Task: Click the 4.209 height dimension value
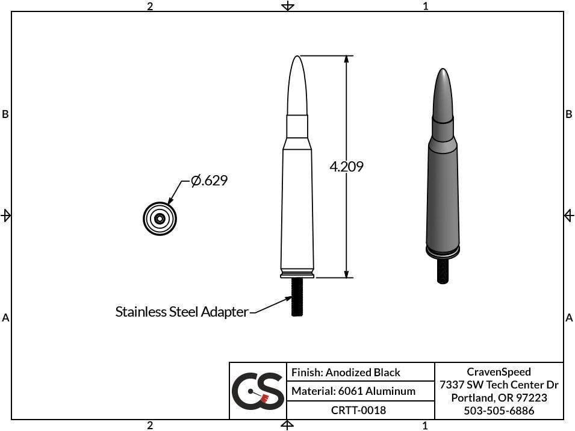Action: click(346, 167)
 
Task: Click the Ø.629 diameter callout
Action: click(209, 181)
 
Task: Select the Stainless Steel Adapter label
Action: click(181, 312)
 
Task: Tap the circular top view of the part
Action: click(160, 218)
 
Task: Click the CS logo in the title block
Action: click(258, 391)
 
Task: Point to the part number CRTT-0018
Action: click(358, 410)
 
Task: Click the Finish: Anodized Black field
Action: click(346, 373)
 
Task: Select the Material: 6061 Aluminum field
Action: click(353, 391)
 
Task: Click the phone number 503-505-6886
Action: click(499, 411)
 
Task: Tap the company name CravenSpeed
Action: click(499, 372)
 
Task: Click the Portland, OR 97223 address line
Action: click(499, 398)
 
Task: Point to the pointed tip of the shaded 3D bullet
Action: click(443, 71)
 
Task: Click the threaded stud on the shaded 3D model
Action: click(443, 270)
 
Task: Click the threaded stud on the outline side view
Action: click(296, 297)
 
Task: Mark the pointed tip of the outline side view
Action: click(296, 58)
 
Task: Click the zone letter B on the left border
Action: click(5, 114)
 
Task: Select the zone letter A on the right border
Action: click(569, 318)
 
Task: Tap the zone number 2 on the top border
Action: click(150, 6)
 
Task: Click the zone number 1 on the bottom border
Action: click(425, 426)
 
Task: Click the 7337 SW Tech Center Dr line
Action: click(499, 385)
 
